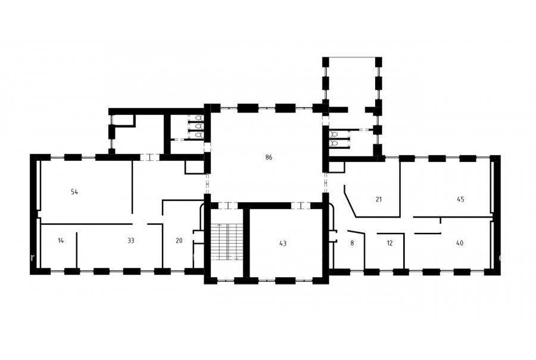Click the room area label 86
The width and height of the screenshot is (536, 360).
[269, 157]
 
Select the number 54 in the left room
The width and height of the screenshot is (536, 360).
[74, 192]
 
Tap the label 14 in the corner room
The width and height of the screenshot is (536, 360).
[61, 241]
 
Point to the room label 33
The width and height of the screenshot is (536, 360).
[130, 241]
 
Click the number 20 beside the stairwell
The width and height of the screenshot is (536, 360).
[179, 241]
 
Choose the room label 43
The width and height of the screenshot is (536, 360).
[283, 244]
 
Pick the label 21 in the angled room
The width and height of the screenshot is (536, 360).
[378, 199]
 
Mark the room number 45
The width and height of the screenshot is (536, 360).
[460, 199]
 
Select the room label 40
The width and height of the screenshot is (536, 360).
[460, 243]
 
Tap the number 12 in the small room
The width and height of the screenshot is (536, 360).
[389, 243]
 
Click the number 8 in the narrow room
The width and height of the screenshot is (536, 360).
[352, 243]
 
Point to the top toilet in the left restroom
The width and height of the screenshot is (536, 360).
[198, 118]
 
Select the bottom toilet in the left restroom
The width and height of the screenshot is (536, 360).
[200, 135]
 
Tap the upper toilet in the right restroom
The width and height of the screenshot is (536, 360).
[334, 134]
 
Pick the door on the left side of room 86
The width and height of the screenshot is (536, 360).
[207, 184]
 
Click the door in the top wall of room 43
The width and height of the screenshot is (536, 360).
[301, 206]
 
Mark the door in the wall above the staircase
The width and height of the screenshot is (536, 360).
[228, 206]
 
